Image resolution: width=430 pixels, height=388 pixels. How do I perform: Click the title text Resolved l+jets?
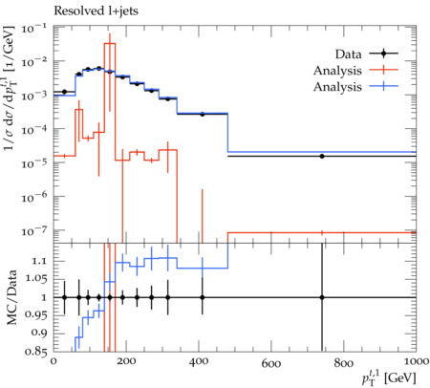click(x=96, y=11)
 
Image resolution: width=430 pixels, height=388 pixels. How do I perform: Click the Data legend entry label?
click(x=348, y=54)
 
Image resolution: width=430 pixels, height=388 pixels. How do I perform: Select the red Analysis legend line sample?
click(x=383, y=70)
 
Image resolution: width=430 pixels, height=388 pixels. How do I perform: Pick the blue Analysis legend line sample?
click(x=383, y=86)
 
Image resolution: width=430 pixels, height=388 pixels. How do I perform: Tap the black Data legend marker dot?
click(x=383, y=54)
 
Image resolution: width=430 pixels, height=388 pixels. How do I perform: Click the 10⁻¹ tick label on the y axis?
click(x=32, y=30)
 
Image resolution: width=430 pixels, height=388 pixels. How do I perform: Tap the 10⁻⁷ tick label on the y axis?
click(x=32, y=231)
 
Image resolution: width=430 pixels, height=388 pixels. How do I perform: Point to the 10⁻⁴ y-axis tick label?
click(x=32, y=130)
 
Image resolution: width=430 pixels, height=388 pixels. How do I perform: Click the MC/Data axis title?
click(x=11, y=297)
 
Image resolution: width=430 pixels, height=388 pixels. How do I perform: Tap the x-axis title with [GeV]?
click(x=389, y=378)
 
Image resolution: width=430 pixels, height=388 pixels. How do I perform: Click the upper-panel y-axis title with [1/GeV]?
click(x=10, y=88)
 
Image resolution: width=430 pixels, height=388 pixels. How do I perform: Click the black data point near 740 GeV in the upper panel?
click(x=322, y=156)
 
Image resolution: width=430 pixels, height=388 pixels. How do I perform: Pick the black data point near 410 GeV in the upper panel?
click(x=203, y=114)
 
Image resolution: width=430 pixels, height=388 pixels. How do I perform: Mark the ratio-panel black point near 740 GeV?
click(x=322, y=297)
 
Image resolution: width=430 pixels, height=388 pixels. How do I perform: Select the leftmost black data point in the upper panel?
click(x=64, y=92)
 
